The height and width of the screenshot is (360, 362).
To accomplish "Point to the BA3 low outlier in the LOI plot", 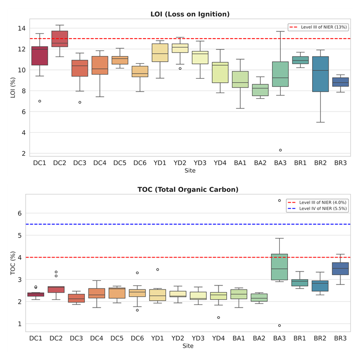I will point(280,150).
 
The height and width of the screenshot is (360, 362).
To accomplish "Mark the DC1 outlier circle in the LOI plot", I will point(40,101).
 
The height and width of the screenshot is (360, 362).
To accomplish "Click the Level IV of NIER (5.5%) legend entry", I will point(319,209).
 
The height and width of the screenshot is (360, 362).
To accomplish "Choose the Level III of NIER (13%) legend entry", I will point(319,27).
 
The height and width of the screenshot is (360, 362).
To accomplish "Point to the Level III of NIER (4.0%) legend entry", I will point(319,202).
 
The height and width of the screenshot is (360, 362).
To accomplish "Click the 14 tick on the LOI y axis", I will point(21,28).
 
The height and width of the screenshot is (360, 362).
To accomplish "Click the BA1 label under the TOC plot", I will point(240,339).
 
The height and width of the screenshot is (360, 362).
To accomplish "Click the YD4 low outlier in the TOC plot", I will point(220,317).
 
